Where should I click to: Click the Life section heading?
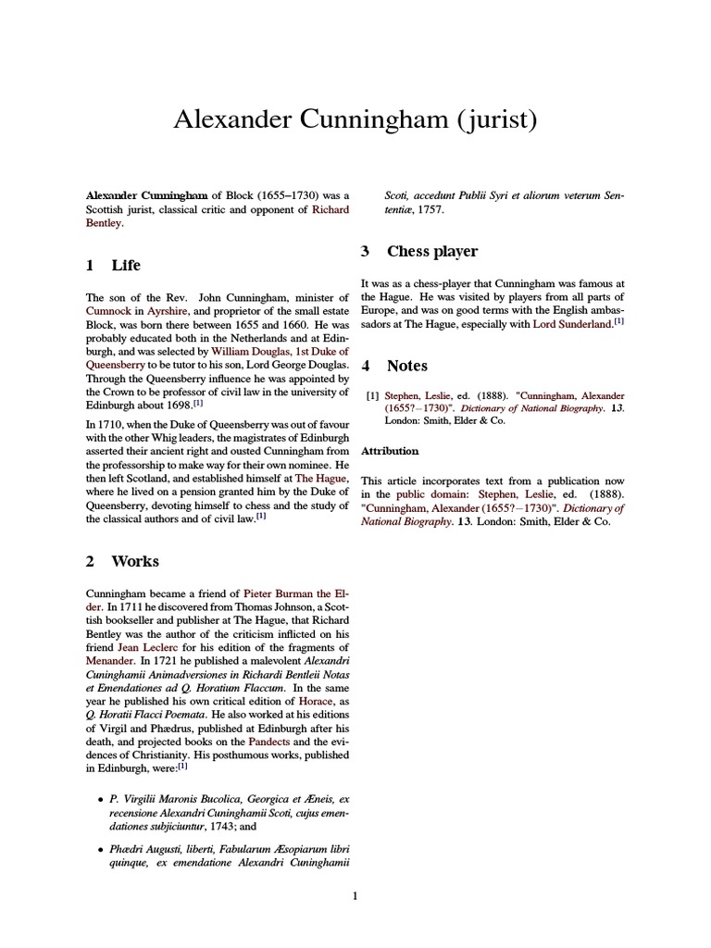click(x=126, y=266)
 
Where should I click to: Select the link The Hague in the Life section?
click(x=321, y=478)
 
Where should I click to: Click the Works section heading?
click(x=135, y=561)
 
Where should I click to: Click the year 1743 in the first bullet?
click(x=181, y=827)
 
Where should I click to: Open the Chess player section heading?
click(x=431, y=252)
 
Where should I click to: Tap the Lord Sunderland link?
click(x=573, y=325)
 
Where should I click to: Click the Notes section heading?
click(x=407, y=367)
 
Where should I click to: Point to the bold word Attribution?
click(x=390, y=451)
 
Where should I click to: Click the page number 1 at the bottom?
click(x=355, y=896)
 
